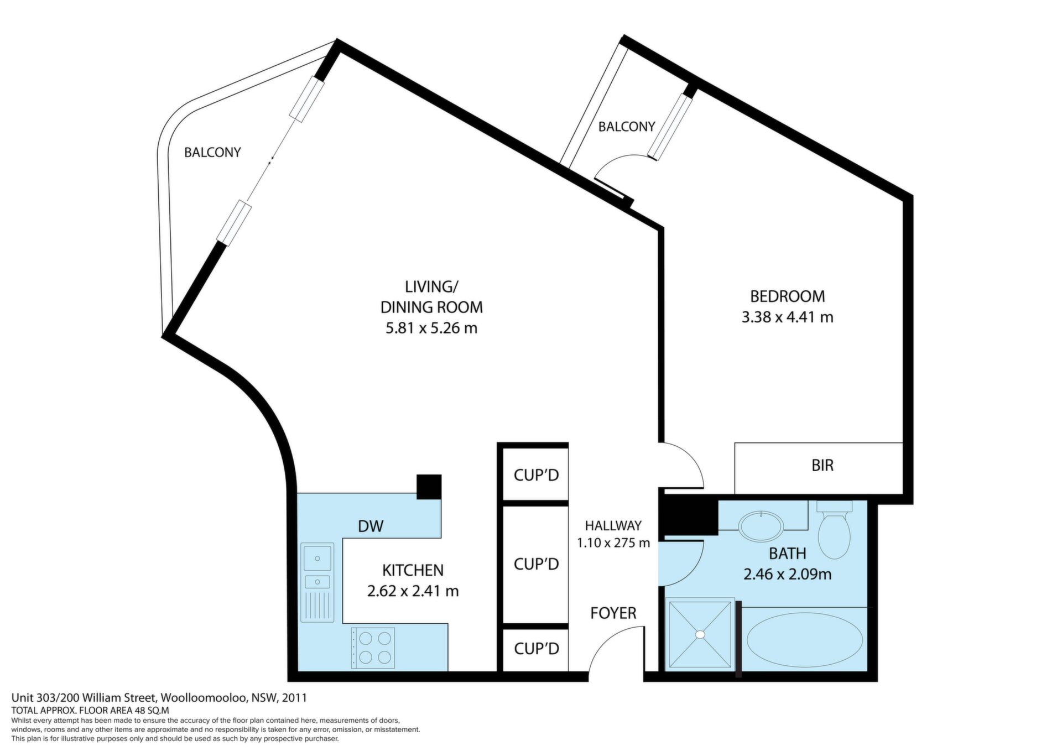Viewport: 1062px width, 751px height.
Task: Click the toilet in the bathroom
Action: [x=834, y=529]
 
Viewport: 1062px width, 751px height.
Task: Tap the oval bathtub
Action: [x=804, y=639]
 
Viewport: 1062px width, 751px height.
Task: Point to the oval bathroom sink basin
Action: [x=761, y=526]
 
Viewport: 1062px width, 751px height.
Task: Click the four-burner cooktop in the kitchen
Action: [x=373, y=648]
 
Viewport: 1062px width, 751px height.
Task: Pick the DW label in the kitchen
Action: [x=370, y=526]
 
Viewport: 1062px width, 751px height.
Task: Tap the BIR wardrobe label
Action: [x=822, y=466]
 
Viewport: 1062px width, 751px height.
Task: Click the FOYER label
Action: [x=613, y=613]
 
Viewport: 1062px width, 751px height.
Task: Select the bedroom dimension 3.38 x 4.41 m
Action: [x=787, y=317]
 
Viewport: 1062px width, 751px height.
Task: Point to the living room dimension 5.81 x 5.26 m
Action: [x=431, y=328]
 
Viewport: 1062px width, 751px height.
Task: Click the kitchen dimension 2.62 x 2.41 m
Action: [x=413, y=591]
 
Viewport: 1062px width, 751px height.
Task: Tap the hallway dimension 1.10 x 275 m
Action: [x=613, y=543]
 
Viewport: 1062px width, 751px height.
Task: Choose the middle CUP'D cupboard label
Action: [x=537, y=564]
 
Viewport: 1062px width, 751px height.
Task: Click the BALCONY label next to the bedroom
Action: [x=627, y=127]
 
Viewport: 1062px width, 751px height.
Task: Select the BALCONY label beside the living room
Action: [x=212, y=152]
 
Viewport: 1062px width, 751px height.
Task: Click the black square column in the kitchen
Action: [x=429, y=487]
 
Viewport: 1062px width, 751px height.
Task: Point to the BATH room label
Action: [x=787, y=553]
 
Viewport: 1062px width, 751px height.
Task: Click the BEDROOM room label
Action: [x=787, y=296]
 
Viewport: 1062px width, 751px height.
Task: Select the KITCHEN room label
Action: [x=413, y=570]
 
